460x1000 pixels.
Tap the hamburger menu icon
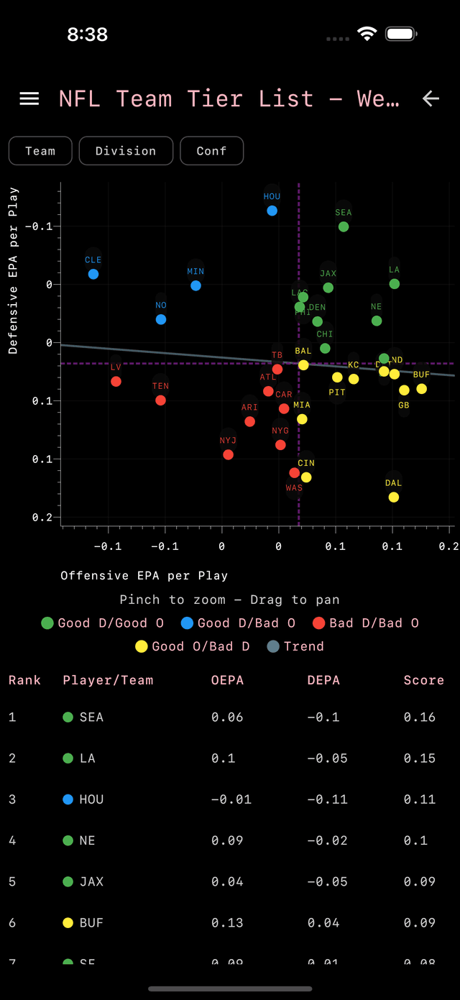(29, 98)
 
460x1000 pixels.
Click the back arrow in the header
(431, 98)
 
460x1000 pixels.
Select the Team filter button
(40, 151)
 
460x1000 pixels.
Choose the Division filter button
(126, 151)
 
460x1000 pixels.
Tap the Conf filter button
(211, 151)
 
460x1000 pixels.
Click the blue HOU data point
(272, 211)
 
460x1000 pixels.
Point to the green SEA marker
(344, 226)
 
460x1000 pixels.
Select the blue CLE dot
(93, 274)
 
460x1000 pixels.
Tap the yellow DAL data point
(393, 497)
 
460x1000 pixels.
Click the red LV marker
(116, 381)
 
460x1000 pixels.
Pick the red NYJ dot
(228, 454)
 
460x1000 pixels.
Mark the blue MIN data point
(195, 285)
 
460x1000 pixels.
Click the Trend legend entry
(295, 646)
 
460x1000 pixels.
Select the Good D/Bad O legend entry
(238, 623)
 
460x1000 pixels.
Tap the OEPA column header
(227, 680)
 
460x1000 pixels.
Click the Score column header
(423, 680)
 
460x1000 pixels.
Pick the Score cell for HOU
(420, 799)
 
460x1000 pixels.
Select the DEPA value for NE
(327, 840)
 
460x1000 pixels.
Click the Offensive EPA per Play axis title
(144, 576)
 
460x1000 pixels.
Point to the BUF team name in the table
(91, 923)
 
